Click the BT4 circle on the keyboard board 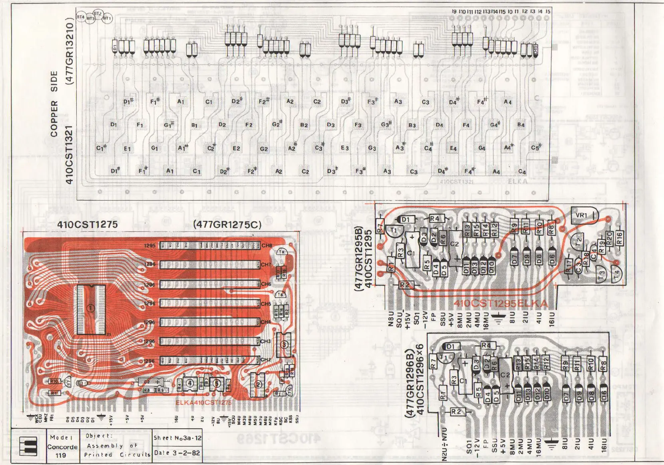pyautogui.click(x=81, y=17)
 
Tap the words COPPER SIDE pyautogui.click(x=54, y=104)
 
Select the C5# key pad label pyautogui.click(x=536, y=147)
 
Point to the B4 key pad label pyautogui.click(x=521, y=125)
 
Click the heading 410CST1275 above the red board pyautogui.click(x=87, y=225)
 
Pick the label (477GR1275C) pyautogui.click(x=227, y=225)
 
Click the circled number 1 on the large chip pyautogui.click(x=91, y=308)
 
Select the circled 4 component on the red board pyautogui.click(x=190, y=383)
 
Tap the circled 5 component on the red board pyautogui.click(x=217, y=384)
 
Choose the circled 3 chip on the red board pyautogui.click(x=284, y=345)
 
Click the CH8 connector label pyautogui.click(x=266, y=245)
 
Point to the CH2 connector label pyautogui.click(x=266, y=360)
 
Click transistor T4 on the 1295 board pyautogui.click(x=618, y=275)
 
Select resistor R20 pyautogui.click(x=609, y=238)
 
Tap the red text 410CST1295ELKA pyautogui.click(x=500, y=304)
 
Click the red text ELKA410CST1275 pyautogui.click(x=203, y=402)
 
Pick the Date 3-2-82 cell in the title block pyautogui.click(x=177, y=453)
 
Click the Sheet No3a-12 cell pyautogui.click(x=177, y=437)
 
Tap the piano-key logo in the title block pyautogui.click(x=28, y=446)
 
